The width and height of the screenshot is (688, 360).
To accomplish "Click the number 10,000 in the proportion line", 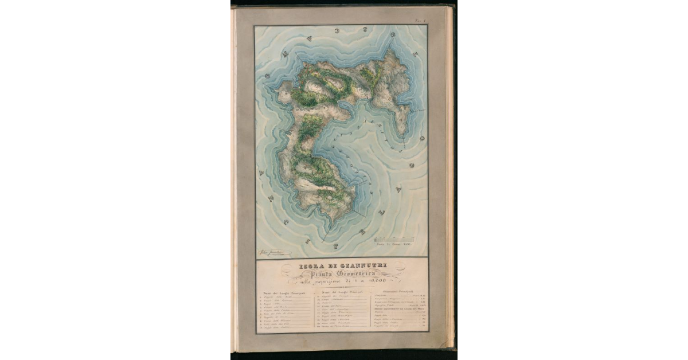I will (x=375, y=281).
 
